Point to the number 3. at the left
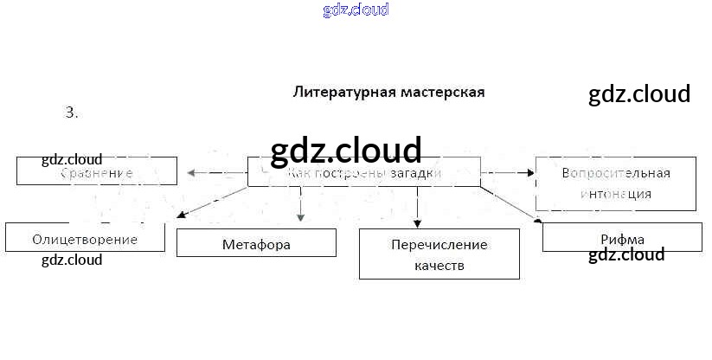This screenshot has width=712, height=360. [71, 112]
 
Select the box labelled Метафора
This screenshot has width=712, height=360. [256, 243]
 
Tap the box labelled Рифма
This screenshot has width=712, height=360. [621, 238]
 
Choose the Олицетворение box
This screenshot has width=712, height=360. [85, 238]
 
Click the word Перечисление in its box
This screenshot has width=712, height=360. [439, 244]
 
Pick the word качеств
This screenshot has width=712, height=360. [439, 266]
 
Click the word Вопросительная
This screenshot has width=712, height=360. [615, 172]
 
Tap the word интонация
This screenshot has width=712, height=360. [615, 194]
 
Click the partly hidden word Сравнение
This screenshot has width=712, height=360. [97, 173]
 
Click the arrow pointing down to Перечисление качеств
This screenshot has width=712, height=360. [417, 208]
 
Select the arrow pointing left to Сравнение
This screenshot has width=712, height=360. [216, 173]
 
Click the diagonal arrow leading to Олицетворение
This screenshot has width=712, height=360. [212, 201]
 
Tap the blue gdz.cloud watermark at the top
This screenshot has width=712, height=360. [356, 10]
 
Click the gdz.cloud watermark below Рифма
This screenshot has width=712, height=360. [626, 254]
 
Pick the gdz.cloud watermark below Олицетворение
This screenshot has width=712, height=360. [72, 260]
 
